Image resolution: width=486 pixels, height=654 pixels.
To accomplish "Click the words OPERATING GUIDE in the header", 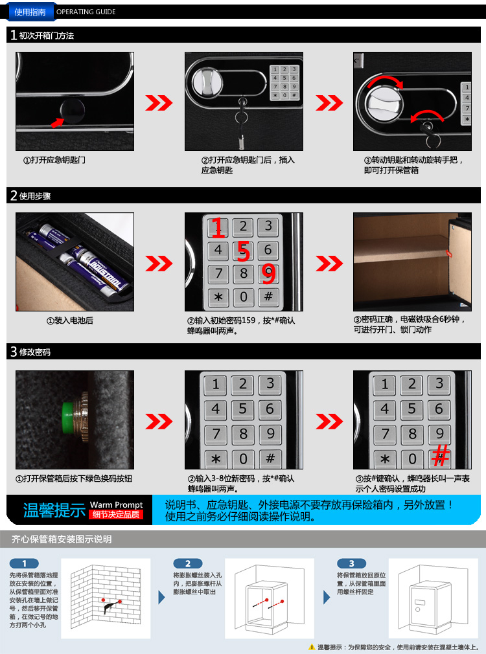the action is tap(86, 12).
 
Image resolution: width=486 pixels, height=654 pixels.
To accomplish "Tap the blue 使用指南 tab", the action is tap(30, 12).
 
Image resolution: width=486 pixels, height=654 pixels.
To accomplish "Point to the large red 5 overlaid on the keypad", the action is tap(243, 251).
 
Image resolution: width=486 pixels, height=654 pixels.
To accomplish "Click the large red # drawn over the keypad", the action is tap(440, 455).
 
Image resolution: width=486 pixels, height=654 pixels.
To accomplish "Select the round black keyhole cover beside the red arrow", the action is tap(72, 110).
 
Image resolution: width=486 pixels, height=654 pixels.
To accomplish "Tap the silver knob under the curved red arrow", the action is tap(384, 104).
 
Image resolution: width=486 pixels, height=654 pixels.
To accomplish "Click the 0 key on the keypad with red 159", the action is tap(244, 297).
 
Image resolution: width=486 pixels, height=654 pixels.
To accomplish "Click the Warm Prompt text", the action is tap(116, 504).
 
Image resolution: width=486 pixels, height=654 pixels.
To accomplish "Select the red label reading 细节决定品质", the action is tap(116, 515).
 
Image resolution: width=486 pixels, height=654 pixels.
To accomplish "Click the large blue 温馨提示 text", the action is tap(54, 510).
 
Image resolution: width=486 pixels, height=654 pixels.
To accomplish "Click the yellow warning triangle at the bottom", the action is tap(312, 647).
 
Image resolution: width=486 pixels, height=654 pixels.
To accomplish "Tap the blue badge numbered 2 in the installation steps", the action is tap(188, 563).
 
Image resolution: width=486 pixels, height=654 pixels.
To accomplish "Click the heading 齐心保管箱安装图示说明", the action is tap(62, 539).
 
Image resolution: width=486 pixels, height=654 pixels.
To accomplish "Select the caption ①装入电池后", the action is tap(70, 321).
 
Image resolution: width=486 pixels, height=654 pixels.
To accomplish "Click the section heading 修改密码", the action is tap(34, 352).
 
